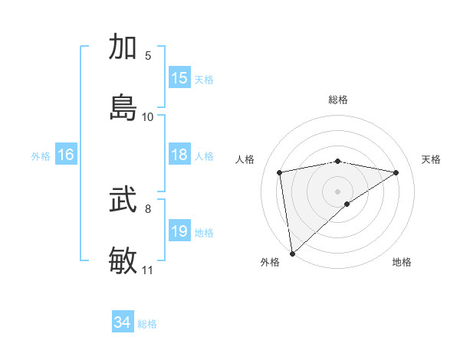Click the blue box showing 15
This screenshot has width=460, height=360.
tap(179, 78)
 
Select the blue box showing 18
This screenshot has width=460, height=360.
tap(179, 155)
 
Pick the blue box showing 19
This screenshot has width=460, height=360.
tap(179, 231)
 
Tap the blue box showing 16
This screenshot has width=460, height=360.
tap(65, 155)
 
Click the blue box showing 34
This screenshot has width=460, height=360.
tap(123, 323)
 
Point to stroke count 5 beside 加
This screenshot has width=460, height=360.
tap(149, 56)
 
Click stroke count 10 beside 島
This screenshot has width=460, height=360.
tap(148, 116)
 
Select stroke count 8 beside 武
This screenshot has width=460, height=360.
tap(149, 208)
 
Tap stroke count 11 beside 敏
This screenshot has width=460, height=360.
tap(148, 270)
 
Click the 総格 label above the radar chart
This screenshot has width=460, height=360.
tap(338, 100)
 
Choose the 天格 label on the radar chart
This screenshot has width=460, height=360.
tap(431, 159)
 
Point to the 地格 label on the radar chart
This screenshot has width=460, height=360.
tap(402, 262)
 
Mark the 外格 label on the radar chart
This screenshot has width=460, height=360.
tap(270, 262)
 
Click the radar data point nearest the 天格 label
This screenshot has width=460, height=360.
tap(396, 172)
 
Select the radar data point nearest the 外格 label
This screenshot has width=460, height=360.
tap(292, 253)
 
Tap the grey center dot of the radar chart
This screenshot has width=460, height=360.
tap(338, 191)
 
